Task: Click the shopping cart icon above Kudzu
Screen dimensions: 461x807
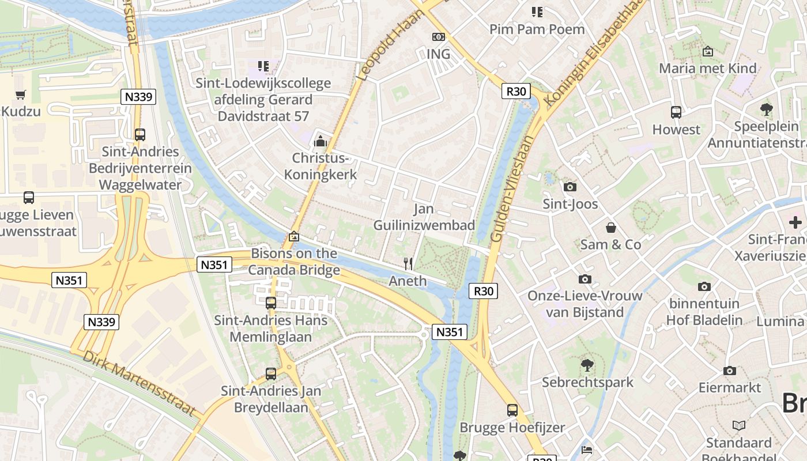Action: [x=21, y=95]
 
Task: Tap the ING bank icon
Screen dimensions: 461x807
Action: [x=439, y=37]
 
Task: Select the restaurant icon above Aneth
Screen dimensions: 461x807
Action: [x=408, y=264]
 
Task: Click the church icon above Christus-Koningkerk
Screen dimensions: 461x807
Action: [x=320, y=141]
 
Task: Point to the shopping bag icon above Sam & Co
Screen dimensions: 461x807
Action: [x=611, y=228]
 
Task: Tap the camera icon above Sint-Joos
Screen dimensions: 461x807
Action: [x=570, y=187]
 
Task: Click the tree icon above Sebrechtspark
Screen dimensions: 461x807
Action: [x=587, y=365]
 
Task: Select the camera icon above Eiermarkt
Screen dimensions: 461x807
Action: [x=730, y=371]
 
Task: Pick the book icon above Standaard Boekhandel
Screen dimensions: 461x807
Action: [x=739, y=425]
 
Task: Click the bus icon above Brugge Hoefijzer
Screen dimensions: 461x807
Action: [x=512, y=410]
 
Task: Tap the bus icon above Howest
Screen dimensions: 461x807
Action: [x=676, y=112]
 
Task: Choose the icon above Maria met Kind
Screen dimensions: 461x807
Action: [x=708, y=52]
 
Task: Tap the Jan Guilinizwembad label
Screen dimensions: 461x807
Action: [x=424, y=217]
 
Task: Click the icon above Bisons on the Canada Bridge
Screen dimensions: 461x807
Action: [x=294, y=236]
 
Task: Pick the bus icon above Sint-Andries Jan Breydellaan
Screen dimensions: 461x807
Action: [x=271, y=374]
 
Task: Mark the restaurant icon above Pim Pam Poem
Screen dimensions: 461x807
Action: [x=537, y=12]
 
